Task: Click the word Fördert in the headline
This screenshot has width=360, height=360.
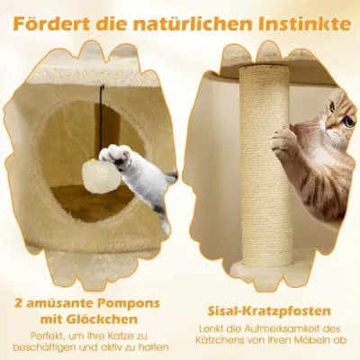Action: click(x=51, y=23)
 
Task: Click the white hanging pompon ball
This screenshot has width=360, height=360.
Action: click(x=103, y=176)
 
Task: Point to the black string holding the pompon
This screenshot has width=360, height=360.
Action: click(x=103, y=123)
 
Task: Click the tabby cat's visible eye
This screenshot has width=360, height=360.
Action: click(x=348, y=121)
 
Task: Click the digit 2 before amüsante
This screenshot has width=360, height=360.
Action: click(x=18, y=304)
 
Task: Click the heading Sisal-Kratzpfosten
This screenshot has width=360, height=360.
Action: click(x=269, y=311)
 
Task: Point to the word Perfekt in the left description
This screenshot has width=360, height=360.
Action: click(x=46, y=335)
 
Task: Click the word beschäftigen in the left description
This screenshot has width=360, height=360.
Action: click(x=45, y=348)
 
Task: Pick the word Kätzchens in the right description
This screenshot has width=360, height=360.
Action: click(x=223, y=340)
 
